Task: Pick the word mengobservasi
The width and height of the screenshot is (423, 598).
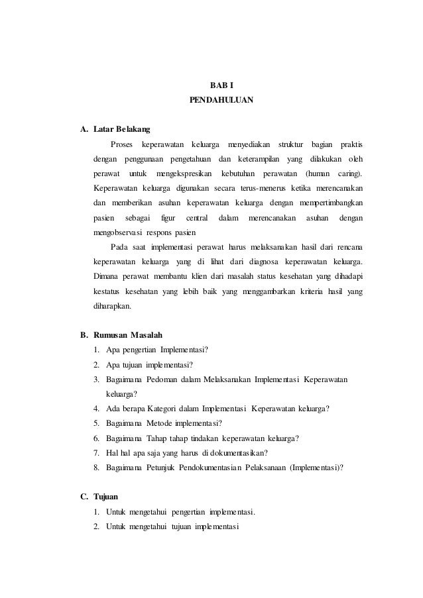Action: (x=123, y=234)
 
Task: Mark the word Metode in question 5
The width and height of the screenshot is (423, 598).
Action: (x=161, y=423)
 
